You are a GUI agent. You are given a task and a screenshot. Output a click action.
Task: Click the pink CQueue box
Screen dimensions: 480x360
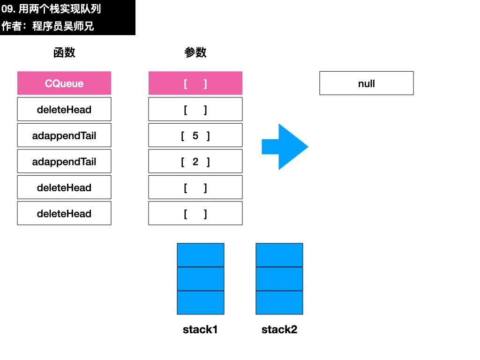coord(64,83)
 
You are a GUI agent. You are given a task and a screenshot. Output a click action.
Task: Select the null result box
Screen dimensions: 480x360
coord(367,83)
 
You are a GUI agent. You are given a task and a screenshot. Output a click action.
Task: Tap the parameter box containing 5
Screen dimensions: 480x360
coord(195,135)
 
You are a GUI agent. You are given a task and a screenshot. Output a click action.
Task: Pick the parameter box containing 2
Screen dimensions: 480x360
coord(195,161)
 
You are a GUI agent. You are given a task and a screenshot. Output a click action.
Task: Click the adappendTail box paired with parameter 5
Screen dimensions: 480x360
coord(64,135)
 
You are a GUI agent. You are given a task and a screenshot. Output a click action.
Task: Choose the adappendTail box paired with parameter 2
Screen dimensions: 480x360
coord(64,161)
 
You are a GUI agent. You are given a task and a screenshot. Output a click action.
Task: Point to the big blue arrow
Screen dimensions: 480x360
coord(285,147)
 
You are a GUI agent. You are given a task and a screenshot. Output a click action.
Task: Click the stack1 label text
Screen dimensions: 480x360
coord(200,330)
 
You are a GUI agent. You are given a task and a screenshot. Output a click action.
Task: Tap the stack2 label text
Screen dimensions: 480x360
coord(279,330)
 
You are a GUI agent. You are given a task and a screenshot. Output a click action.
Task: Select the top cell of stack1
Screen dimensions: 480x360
coord(201,255)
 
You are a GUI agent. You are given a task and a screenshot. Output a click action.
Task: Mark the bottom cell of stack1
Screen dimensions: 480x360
coord(201,303)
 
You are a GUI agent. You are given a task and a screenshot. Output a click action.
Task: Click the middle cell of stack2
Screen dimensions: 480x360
coord(279,279)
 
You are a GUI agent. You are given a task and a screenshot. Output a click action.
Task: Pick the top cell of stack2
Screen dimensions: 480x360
coord(279,255)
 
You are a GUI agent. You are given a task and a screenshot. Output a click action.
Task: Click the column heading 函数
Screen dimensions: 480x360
coord(64,52)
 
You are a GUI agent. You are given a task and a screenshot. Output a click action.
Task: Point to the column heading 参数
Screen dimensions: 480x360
coord(195,52)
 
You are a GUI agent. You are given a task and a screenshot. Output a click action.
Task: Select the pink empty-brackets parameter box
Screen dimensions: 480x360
coord(195,83)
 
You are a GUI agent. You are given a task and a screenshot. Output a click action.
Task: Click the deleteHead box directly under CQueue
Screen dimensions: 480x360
coord(64,109)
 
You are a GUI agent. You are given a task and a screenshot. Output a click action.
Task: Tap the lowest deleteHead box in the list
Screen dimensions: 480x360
coord(64,213)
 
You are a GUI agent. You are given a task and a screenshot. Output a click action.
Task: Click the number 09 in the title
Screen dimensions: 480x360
coord(7,9)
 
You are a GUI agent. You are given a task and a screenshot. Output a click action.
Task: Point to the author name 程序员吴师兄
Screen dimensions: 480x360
coord(63,26)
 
